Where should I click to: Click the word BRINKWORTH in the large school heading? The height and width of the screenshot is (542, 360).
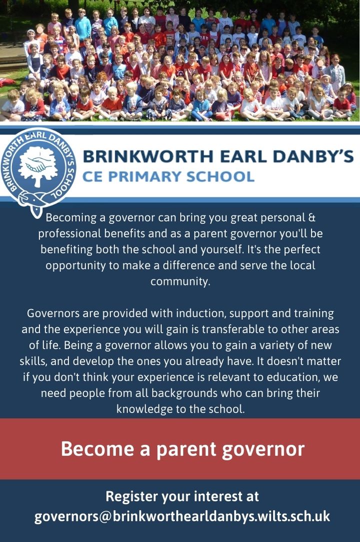(x=148, y=156)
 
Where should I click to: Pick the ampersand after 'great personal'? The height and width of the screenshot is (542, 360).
(x=311, y=218)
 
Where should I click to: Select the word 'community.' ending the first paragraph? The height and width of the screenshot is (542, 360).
(x=180, y=281)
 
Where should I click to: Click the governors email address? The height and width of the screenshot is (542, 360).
(x=182, y=517)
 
